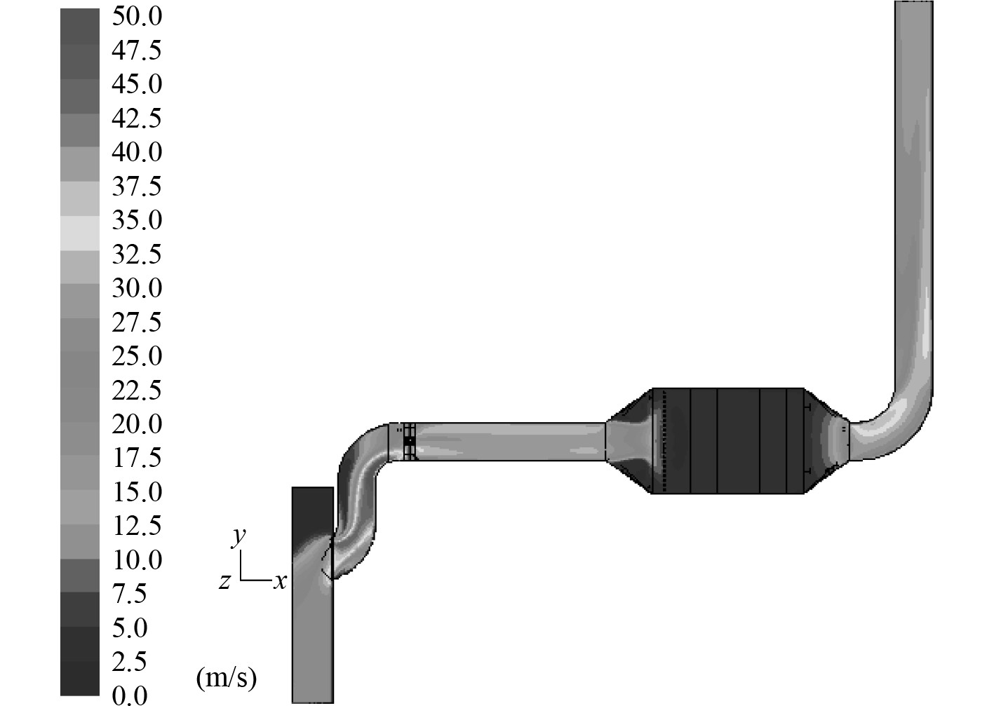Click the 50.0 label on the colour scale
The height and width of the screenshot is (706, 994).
tap(137, 17)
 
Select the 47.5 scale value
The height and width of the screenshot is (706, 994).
tap(137, 50)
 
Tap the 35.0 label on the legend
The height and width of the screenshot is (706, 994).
tap(137, 220)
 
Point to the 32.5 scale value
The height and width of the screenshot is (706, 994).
tap(137, 254)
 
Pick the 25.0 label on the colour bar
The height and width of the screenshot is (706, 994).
tap(137, 356)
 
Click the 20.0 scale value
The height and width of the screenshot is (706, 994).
tap(137, 424)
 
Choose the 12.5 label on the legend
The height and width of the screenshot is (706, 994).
tap(137, 527)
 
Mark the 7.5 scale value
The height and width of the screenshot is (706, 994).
tap(130, 595)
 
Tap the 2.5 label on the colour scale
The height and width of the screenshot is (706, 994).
tap(130, 663)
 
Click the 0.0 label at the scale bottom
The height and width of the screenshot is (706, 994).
tap(130, 695)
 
